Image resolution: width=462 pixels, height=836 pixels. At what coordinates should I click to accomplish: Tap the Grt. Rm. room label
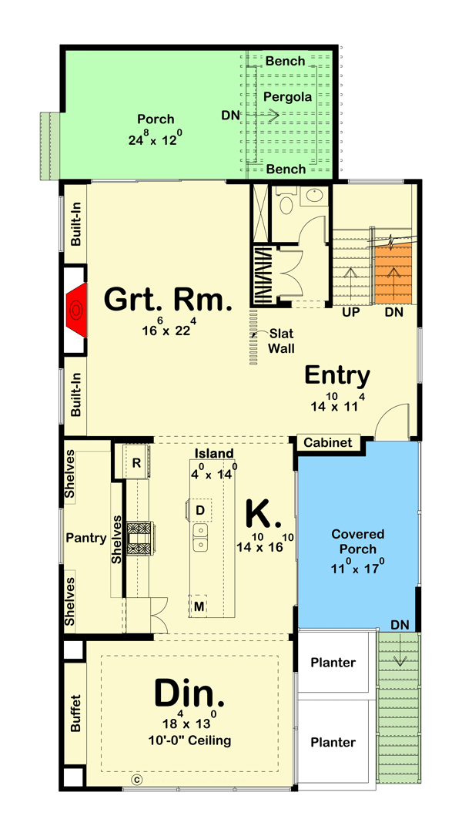(167, 299)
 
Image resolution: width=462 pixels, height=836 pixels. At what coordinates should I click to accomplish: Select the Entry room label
(337, 375)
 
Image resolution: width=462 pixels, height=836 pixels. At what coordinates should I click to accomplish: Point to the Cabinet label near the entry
(327, 443)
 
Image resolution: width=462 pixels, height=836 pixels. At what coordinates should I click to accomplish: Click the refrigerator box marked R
(136, 463)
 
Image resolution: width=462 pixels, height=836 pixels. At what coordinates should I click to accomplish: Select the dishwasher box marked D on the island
(199, 510)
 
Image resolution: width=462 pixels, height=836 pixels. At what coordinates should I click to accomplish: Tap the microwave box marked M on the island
(199, 606)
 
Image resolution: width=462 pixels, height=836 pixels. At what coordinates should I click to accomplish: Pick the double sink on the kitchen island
(199, 539)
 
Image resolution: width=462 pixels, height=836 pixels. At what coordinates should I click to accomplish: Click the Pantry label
(85, 538)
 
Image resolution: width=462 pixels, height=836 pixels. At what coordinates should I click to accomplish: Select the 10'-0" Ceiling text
(190, 740)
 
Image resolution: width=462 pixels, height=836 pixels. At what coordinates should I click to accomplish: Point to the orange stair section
(393, 274)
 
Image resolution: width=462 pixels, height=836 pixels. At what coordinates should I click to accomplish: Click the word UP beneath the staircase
(351, 312)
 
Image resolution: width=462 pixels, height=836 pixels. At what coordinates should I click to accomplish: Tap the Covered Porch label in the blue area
(359, 542)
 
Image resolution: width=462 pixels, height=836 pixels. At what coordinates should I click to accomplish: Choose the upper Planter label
(333, 663)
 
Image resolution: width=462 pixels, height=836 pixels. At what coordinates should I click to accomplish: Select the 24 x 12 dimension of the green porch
(156, 140)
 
